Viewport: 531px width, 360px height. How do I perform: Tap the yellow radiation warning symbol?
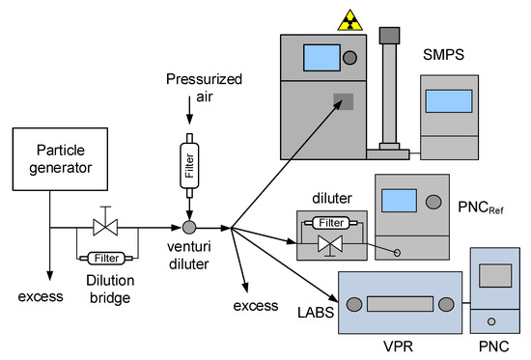(346, 17)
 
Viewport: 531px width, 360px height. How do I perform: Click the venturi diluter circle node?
(189, 228)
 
